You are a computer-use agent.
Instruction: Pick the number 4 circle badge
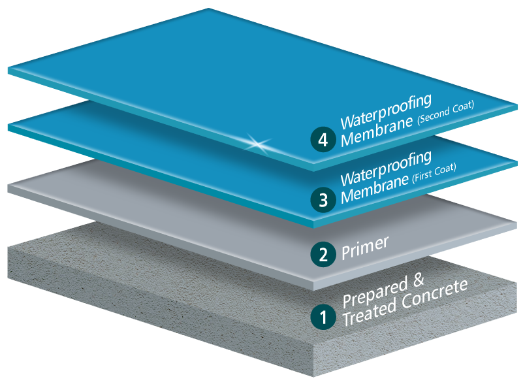[x=321, y=140]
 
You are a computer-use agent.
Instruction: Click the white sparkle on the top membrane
[x=251, y=140]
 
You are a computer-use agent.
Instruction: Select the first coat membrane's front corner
[x=314, y=225]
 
